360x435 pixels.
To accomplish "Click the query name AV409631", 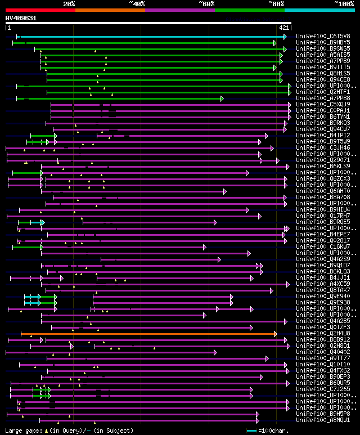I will tap(21, 18).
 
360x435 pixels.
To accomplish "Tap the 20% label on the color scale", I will tap(69, 3).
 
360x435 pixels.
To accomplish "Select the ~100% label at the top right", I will tap(343, 3).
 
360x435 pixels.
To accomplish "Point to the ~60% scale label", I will tap(206, 3).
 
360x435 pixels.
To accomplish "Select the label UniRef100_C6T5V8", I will tap(323, 36).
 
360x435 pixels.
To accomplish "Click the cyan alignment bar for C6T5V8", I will tap(152, 37).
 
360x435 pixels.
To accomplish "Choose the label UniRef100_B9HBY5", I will tap(323, 42).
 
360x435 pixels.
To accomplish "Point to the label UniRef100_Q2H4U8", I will tap(323, 333).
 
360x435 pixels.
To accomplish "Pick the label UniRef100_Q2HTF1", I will tap(323, 92).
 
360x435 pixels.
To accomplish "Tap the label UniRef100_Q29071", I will tap(323, 160).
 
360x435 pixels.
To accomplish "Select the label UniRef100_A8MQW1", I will tap(323, 420).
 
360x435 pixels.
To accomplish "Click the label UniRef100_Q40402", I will tap(323, 352).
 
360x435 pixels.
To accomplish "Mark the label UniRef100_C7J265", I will tap(323, 389).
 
